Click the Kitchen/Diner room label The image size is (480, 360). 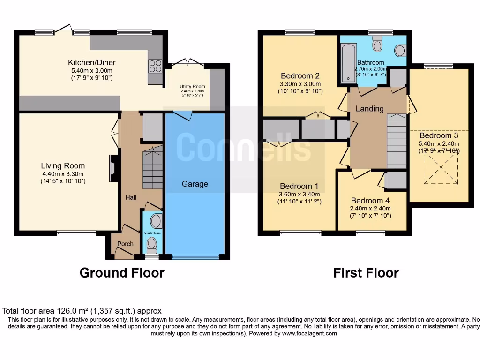(92, 62)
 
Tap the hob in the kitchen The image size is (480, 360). (155, 66)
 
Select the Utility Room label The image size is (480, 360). (192, 87)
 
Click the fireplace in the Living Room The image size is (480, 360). (112, 168)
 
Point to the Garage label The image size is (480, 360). (195, 184)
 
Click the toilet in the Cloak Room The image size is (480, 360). (152, 244)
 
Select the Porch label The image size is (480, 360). (125, 244)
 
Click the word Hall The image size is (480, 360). (131, 197)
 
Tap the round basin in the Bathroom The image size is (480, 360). (400, 50)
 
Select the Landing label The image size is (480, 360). (369, 108)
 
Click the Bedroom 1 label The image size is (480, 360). (299, 186)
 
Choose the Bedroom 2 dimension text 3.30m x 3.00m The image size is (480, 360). (300, 84)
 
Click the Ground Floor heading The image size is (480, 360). (122, 272)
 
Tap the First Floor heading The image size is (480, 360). (366, 272)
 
